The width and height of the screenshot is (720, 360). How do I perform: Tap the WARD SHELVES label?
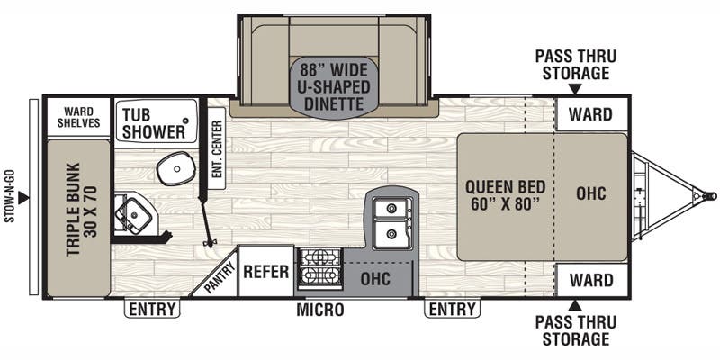pyautogui.click(x=79, y=116)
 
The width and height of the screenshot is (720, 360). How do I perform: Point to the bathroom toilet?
pyautogui.click(x=172, y=167)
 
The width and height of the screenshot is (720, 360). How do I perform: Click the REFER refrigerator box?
pyautogui.click(x=265, y=269)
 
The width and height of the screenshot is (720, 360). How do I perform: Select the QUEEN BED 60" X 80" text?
pyautogui.click(x=502, y=194)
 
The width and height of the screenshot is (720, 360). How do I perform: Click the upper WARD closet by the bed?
pyautogui.click(x=590, y=115)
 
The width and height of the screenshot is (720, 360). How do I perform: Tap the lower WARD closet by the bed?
pyautogui.click(x=590, y=281)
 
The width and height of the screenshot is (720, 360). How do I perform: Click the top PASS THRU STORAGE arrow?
pyautogui.click(x=572, y=89)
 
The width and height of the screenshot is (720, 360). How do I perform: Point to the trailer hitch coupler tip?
pyautogui.click(x=712, y=194)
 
